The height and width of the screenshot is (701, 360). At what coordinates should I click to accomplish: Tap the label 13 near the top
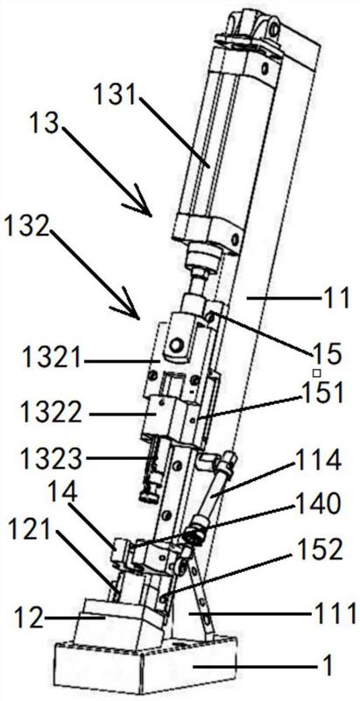pyautogui.click(x=44, y=123)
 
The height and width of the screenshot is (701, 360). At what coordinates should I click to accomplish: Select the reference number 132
pyautogui.click(x=25, y=227)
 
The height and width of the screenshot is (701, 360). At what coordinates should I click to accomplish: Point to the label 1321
pyautogui.click(x=52, y=358)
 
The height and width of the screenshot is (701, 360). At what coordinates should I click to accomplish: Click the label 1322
pyautogui.click(x=52, y=414)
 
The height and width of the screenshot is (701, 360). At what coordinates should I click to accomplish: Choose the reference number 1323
pyautogui.click(x=52, y=458)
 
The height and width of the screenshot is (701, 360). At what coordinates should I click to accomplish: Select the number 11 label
pyautogui.click(x=337, y=299)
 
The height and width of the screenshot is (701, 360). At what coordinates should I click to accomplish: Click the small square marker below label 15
pyautogui.click(x=316, y=372)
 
